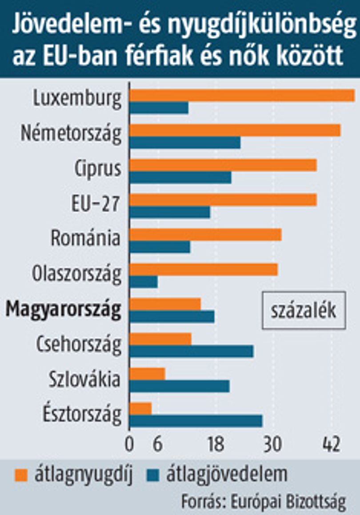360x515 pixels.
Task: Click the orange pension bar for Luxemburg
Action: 242,96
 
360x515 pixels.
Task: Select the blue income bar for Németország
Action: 185,143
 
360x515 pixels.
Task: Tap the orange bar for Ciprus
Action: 223,165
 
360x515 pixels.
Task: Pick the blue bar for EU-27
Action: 170,212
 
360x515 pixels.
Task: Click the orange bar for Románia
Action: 205,235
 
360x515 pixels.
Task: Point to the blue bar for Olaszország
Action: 144,282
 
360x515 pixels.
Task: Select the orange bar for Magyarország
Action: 165,304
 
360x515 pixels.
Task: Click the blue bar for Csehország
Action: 192,351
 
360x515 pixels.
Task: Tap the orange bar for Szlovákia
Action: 148,374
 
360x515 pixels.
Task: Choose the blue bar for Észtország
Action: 196,421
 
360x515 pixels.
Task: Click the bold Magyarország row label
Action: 64,310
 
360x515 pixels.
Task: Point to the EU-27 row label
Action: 96,204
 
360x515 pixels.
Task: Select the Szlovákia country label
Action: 85,379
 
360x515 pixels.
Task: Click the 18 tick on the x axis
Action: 216,444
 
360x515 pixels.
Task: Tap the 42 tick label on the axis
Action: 331,444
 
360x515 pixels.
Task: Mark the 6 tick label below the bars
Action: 158,444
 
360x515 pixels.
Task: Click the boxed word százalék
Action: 304,310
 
